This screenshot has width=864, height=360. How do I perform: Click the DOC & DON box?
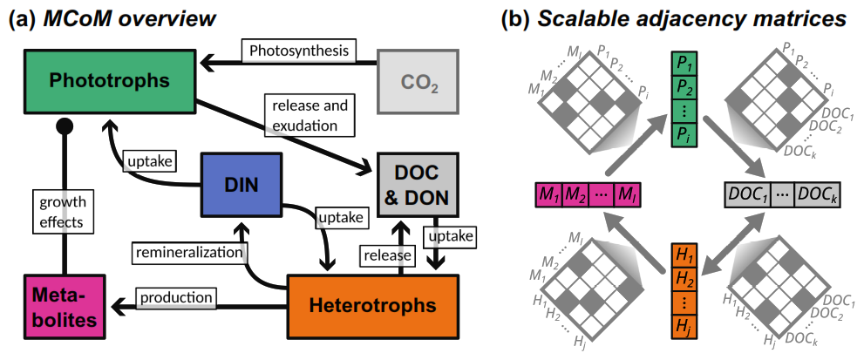[418, 184]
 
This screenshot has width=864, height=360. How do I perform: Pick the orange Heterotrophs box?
[371, 306]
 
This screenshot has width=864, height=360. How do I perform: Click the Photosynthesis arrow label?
[299, 51]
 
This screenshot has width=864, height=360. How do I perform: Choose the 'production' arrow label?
[180, 297]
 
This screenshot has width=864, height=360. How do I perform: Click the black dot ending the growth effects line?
[63, 128]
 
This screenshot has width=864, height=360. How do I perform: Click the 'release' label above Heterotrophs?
[387, 255]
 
